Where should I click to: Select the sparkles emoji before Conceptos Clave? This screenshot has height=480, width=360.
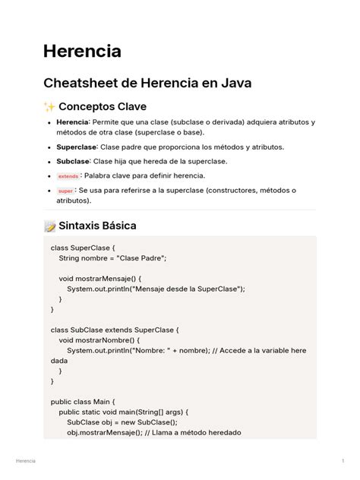(x=50, y=107)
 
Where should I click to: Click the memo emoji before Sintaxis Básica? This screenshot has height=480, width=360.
(x=50, y=226)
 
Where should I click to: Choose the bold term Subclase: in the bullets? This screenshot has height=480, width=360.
(x=74, y=161)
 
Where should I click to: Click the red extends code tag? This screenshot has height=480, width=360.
(x=68, y=176)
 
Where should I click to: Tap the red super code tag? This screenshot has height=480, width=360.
(x=66, y=191)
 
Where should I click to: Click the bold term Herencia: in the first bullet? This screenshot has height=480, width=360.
(x=73, y=122)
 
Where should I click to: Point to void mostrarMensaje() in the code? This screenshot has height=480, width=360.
(x=96, y=279)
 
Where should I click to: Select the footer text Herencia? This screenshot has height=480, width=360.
(x=25, y=462)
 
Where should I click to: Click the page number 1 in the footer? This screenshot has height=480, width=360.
(x=343, y=462)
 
